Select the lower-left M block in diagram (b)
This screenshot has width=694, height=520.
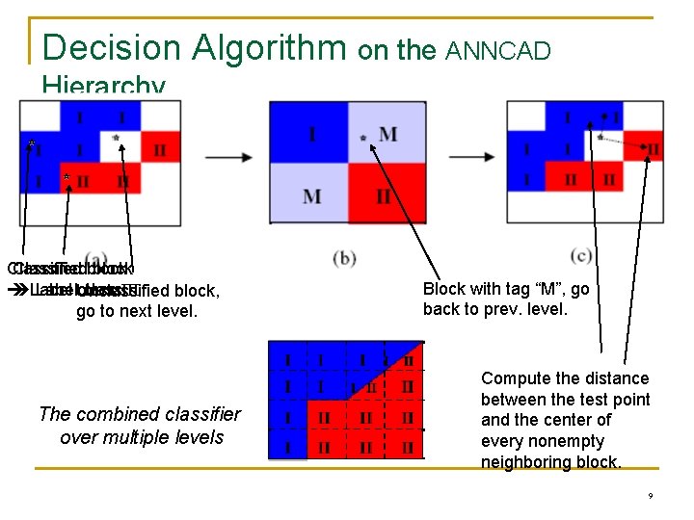[310, 195]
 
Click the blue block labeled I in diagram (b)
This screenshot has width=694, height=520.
[310, 133]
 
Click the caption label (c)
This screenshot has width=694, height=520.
[581, 254]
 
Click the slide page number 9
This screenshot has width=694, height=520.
[651, 496]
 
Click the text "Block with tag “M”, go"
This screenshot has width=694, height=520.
[506, 289]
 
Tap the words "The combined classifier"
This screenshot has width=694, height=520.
[140, 415]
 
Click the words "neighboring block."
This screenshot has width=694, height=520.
[550, 462]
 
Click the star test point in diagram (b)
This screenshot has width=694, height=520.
[363, 139]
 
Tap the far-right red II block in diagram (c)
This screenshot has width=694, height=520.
[650, 148]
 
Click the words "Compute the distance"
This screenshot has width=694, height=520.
[565, 378]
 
